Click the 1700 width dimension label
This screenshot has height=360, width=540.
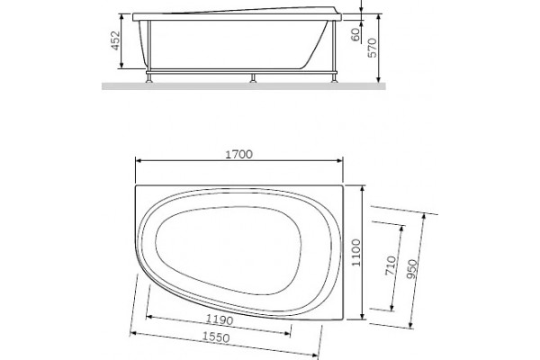coord(238,154)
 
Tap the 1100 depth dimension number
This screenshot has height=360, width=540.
coord(356,253)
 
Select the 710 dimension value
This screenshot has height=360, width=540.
coord(391,265)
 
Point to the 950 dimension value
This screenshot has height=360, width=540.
coord(411,269)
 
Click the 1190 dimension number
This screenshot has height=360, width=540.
coord(220,320)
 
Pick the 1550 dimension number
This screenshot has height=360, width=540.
coord(216,337)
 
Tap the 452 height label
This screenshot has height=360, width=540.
coord(115,40)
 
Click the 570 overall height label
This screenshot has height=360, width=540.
coord(373,48)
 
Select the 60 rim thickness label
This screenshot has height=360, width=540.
coord(355,34)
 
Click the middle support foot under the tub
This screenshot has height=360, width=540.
coord(253,78)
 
